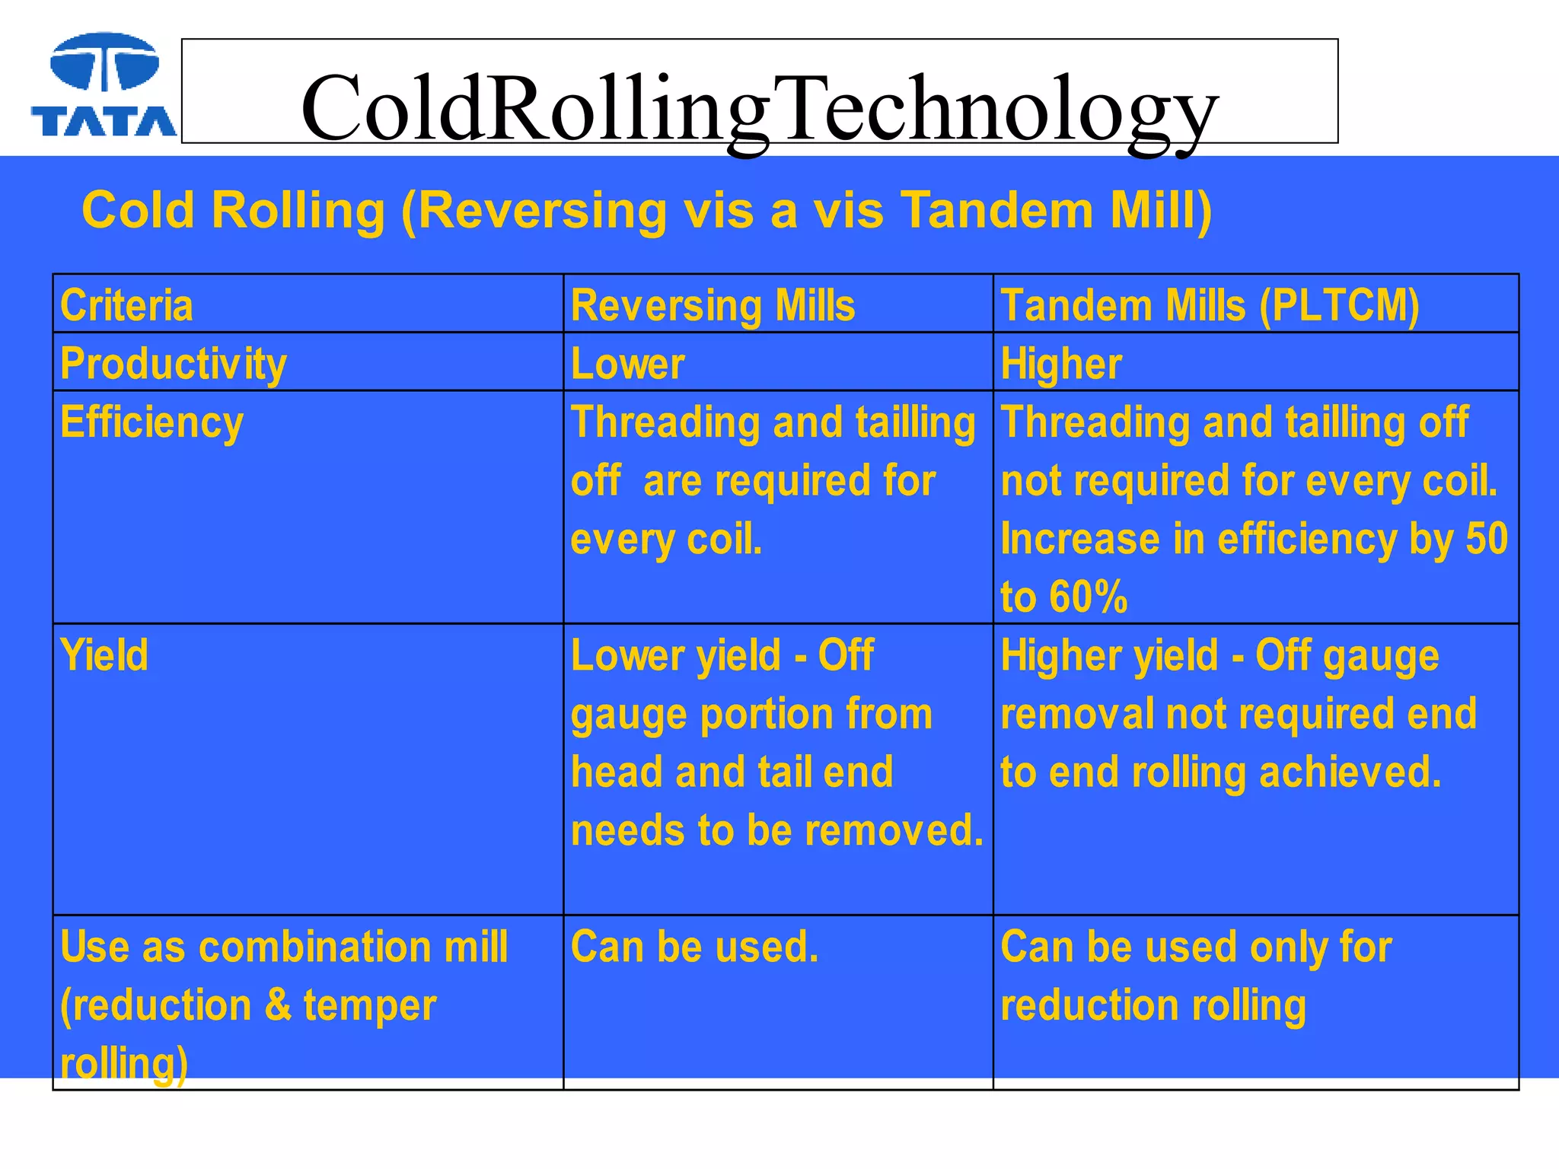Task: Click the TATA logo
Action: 104,85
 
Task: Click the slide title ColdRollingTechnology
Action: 759,108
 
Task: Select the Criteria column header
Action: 126,306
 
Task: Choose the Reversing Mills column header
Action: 713,306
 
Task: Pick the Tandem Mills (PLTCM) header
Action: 1210,306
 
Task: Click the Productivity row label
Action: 174,364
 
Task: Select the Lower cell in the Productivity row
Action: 628,364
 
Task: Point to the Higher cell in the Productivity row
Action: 1061,364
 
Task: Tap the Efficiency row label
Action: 152,422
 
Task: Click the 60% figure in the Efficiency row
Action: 1089,597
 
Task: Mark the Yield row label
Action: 104,655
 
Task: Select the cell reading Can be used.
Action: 694,948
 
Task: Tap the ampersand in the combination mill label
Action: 278,1005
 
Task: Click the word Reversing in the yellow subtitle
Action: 543,210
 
